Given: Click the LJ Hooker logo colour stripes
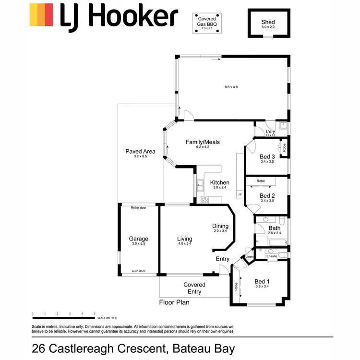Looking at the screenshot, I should click(x=41, y=15).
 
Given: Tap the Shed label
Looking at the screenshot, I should click(x=268, y=22).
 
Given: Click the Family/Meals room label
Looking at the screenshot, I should click(x=203, y=142).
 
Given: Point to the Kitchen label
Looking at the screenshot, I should click(x=220, y=182).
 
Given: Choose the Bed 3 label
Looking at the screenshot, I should click(x=267, y=156).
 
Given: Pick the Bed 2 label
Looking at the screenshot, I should click(x=267, y=195).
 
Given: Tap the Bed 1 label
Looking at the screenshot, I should click(x=262, y=281).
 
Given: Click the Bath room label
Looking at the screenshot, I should click(x=275, y=228).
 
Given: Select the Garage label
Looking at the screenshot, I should click(x=138, y=239).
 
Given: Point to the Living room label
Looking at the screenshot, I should click(x=184, y=239).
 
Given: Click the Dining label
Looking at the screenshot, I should click(x=220, y=226).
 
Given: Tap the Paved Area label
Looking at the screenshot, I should click(x=140, y=152).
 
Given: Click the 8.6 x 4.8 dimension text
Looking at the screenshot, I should click(x=231, y=87).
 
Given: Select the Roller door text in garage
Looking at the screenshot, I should click(x=138, y=207).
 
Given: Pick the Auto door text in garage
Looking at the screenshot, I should click(x=138, y=271).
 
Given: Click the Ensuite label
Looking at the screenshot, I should click(x=272, y=256).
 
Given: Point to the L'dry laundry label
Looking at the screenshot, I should click(x=270, y=132).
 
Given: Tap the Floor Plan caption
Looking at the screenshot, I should click(x=174, y=302).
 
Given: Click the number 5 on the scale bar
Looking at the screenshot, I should click(x=95, y=313).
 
